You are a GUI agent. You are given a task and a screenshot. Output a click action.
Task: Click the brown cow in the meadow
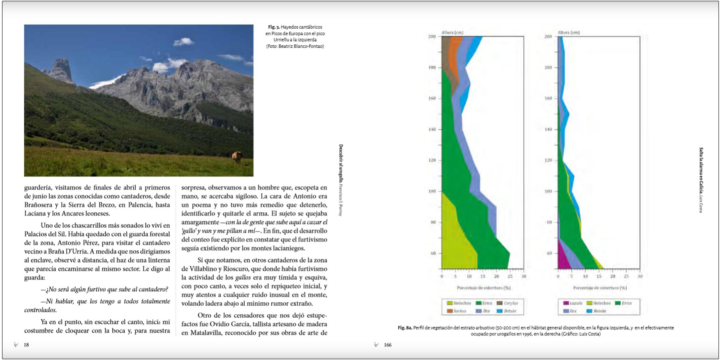coord(237,156)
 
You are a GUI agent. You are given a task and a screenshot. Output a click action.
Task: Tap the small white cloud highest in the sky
coord(183,42)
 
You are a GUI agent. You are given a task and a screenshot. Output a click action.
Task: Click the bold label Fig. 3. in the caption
coord(274,27)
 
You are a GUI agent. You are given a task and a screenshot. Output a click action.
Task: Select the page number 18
coord(26,345)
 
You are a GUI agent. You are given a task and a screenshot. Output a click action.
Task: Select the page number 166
coord(388,345)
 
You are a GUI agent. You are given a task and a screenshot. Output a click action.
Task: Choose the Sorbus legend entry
coord(460,311)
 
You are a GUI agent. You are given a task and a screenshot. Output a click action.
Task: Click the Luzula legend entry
coord(575,303)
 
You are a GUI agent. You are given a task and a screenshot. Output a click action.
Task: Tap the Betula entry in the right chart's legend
coord(599,311)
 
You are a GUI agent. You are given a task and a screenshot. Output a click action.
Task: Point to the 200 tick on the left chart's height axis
coord(432,37)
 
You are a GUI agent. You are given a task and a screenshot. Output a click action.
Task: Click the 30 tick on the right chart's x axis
coord(640,277)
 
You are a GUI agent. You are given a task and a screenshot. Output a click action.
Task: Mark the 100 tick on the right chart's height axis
coord(548,192)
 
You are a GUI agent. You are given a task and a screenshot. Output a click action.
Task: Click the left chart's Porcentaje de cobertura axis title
coord(483,288)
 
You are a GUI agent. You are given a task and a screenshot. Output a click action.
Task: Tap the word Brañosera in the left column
coord(39,205)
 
